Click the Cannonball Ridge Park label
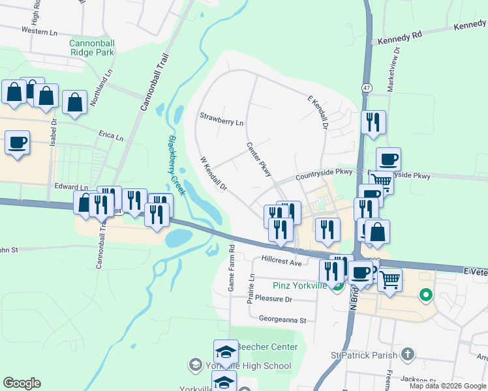pyautogui.click(x=92, y=48)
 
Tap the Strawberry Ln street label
pyautogui.click(x=222, y=123)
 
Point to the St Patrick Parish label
pyautogui.click(x=363, y=355)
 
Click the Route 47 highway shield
pyautogui.click(x=367, y=87)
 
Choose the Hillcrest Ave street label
pyautogui.click(x=282, y=261)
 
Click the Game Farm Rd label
pyautogui.click(x=231, y=268)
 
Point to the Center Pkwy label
pyautogui.click(x=258, y=159)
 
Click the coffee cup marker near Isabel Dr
pyautogui.click(x=18, y=142)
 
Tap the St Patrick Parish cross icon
pyautogui.click(x=408, y=355)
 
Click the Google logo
pyautogui.click(x=22, y=383)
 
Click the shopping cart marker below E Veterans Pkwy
pyautogui.click(x=389, y=280)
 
